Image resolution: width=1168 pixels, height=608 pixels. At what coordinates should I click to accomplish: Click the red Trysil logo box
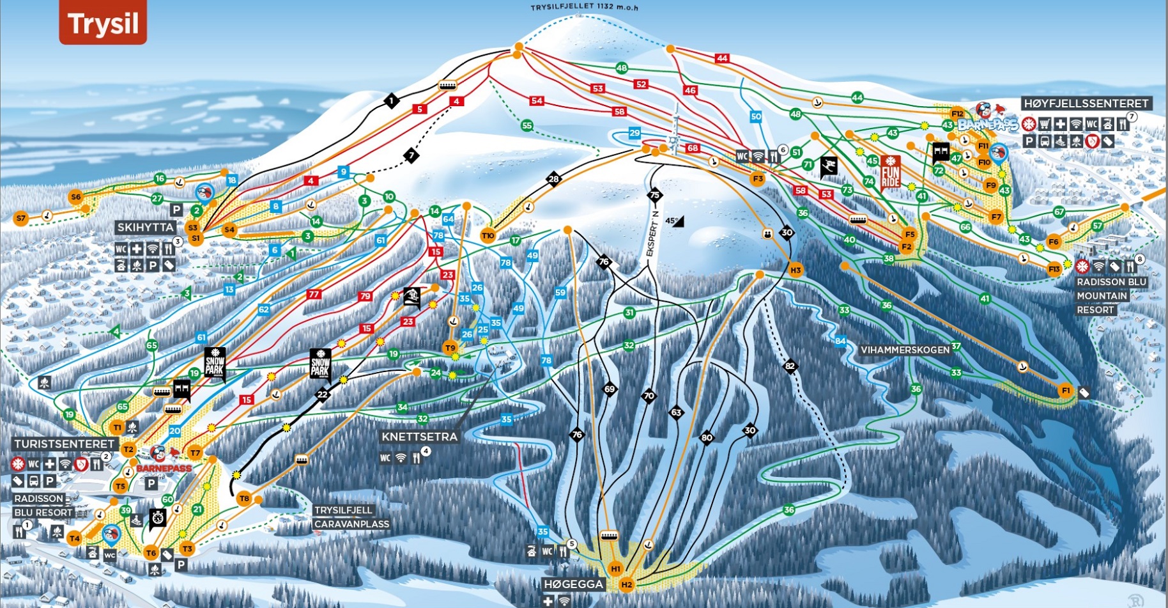pos(103,22)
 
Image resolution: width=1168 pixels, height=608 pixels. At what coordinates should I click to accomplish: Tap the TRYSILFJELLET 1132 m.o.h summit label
pos(584,7)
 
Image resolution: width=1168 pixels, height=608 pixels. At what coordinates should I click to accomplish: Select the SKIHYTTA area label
pos(145,227)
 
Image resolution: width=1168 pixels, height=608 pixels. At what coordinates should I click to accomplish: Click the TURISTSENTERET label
pos(65,444)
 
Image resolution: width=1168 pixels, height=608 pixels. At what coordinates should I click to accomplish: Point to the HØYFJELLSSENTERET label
pos(1086,104)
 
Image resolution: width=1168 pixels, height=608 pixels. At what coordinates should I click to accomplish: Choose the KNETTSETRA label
pos(419,437)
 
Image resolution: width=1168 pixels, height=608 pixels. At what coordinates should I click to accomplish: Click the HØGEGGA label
pos(573,584)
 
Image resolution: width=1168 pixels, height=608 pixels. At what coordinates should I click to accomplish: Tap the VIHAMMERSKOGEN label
pos(905,350)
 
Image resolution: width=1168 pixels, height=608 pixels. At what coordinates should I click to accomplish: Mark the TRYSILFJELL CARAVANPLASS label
pos(351,517)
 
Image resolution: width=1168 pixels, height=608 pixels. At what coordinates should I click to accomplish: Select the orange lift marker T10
pos(488,236)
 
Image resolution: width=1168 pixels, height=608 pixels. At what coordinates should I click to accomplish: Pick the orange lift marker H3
pos(795,270)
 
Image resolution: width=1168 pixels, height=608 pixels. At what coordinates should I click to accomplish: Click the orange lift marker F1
pos(1065,390)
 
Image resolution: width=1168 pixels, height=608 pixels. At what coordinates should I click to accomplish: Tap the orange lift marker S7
pos(21,218)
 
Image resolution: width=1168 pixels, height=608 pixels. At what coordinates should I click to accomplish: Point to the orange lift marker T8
pos(244,498)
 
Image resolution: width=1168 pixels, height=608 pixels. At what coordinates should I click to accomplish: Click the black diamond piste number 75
pos(654,195)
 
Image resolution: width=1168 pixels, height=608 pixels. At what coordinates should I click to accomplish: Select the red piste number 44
pos(722,58)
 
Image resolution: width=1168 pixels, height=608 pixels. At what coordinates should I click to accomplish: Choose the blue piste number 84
pos(840,341)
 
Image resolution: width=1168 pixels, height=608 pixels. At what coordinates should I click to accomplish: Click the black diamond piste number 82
pos(790,366)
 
